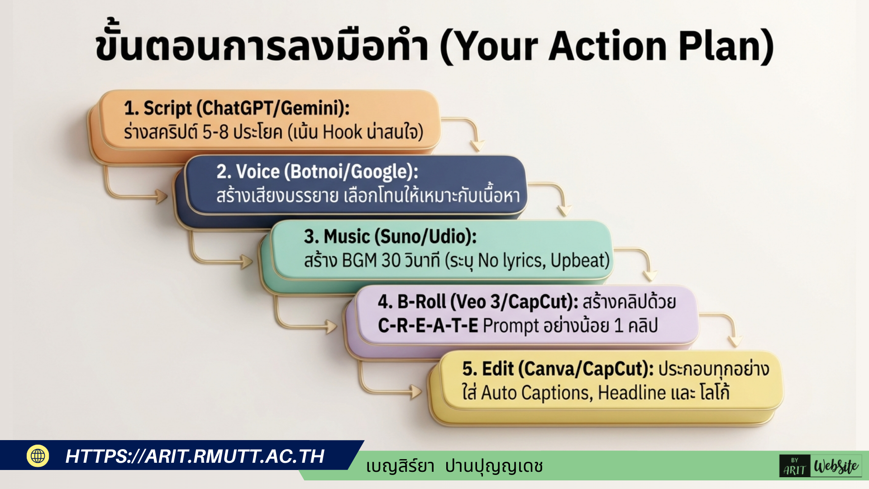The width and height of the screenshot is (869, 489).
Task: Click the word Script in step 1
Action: point(167,109)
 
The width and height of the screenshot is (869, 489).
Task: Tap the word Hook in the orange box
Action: point(343,132)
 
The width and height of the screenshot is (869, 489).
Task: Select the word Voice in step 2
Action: point(258,172)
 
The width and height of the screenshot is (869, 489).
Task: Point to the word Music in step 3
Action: point(347,237)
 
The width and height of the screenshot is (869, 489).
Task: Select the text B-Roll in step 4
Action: point(421,302)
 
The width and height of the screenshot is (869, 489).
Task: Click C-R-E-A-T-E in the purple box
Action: point(428,326)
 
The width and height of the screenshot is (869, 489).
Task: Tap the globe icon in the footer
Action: point(38,455)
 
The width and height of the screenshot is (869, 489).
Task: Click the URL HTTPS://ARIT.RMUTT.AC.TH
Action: point(195,456)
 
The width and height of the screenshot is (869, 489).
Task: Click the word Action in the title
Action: point(608,47)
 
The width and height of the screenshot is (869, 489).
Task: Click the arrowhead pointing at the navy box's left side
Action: point(162,197)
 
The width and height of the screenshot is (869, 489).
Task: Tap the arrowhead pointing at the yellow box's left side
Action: point(416,392)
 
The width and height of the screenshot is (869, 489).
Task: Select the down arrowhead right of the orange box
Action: point(477,146)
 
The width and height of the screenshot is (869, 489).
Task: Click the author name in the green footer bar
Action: point(454,466)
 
